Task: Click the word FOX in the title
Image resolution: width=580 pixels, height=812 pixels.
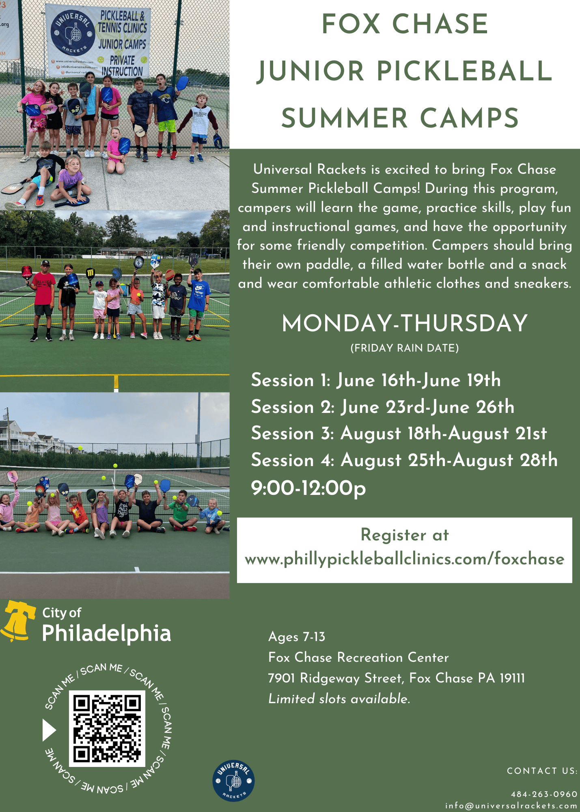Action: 351,24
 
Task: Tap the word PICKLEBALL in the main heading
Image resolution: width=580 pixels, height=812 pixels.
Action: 464,71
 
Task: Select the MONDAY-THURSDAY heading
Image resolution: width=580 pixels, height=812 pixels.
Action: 405,324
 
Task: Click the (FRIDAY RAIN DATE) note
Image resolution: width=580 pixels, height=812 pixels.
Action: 405,348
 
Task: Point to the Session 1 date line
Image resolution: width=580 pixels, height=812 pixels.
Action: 376,380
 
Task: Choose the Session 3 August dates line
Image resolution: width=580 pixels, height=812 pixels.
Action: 399,434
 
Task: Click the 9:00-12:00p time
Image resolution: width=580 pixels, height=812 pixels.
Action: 308,488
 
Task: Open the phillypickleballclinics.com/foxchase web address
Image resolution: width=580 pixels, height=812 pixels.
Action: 405,559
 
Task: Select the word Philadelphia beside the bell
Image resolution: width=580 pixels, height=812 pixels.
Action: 106,633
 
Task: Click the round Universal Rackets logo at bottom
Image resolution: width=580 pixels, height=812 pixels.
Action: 233,781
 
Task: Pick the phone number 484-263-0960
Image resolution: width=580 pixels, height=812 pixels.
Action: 544,794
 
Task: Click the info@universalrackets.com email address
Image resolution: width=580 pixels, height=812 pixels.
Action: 511,806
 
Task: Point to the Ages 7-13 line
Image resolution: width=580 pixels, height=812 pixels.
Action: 297,637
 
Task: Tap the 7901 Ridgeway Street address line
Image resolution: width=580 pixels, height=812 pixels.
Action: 397,678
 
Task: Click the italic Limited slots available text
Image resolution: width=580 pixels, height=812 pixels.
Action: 339,699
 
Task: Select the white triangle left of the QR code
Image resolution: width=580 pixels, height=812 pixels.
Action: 49,730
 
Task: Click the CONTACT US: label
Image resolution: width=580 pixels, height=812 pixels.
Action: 542,771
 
